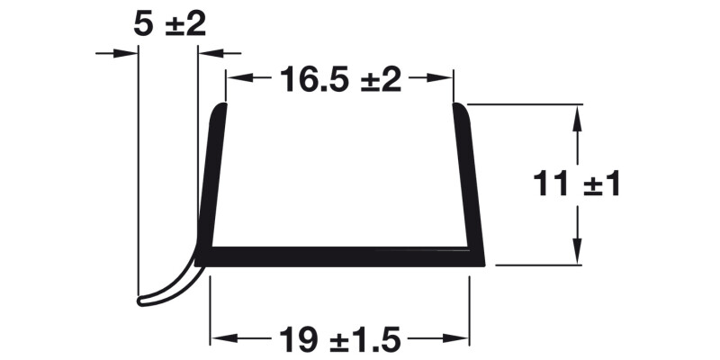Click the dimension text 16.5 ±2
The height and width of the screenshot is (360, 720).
coord(339,79)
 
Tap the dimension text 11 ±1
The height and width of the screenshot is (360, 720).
coord(577,185)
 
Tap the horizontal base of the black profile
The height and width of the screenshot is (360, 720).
coord(342,256)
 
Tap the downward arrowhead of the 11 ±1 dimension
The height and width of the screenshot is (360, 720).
coord(577,256)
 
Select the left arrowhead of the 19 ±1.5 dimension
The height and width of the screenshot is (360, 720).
coord(220,339)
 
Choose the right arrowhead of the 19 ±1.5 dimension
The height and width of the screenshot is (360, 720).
coord(460,339)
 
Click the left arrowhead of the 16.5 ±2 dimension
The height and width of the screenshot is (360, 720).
coord(236,79)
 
